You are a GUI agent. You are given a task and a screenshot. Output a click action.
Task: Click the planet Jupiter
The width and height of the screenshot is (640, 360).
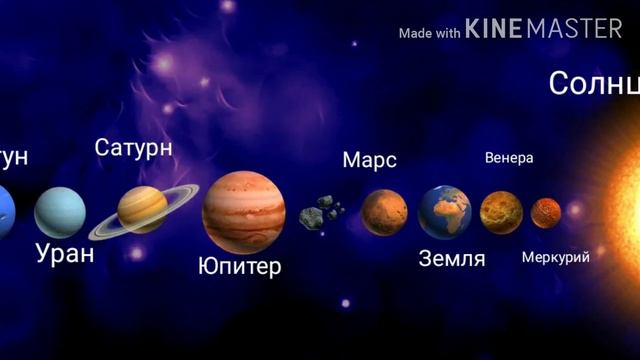[244, 211]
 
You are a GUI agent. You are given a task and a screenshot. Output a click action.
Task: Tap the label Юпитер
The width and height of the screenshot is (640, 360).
[239, 266]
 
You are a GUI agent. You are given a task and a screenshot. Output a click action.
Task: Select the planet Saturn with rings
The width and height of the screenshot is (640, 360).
[143, 210]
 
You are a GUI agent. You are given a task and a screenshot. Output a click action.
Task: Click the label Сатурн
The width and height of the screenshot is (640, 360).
[133, 148]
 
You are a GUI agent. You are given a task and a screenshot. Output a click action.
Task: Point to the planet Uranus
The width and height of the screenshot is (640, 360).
[60, 212]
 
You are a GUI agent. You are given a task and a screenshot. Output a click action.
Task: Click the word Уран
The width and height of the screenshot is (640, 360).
[64, 253]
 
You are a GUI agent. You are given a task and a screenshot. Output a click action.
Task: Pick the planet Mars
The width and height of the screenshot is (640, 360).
[384, 212]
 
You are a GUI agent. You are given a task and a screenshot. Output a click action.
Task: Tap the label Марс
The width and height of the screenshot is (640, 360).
[369, 160]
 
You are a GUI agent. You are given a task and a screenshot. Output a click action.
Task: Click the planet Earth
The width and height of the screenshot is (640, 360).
[445, 211]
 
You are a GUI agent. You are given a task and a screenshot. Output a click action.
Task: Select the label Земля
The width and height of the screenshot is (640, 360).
[451, 259]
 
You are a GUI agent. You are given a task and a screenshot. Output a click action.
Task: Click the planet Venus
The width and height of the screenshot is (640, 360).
[501, 212]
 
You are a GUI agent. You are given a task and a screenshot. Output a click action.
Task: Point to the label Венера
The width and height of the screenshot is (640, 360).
[509, 158]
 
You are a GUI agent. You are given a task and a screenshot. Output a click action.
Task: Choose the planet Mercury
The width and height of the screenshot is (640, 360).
[546, 212]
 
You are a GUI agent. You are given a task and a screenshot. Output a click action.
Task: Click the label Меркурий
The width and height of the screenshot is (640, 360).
[555, 257]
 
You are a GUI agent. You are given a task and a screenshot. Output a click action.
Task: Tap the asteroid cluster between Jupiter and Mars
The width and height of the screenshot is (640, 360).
[321, 212]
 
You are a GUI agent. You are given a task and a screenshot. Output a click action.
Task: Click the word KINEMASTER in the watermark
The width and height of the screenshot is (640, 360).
[544, 30]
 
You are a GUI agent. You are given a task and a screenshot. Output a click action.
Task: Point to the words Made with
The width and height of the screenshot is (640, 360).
[429, 33]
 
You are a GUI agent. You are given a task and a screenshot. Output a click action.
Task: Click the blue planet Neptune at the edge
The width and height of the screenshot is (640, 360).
[6, 212]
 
